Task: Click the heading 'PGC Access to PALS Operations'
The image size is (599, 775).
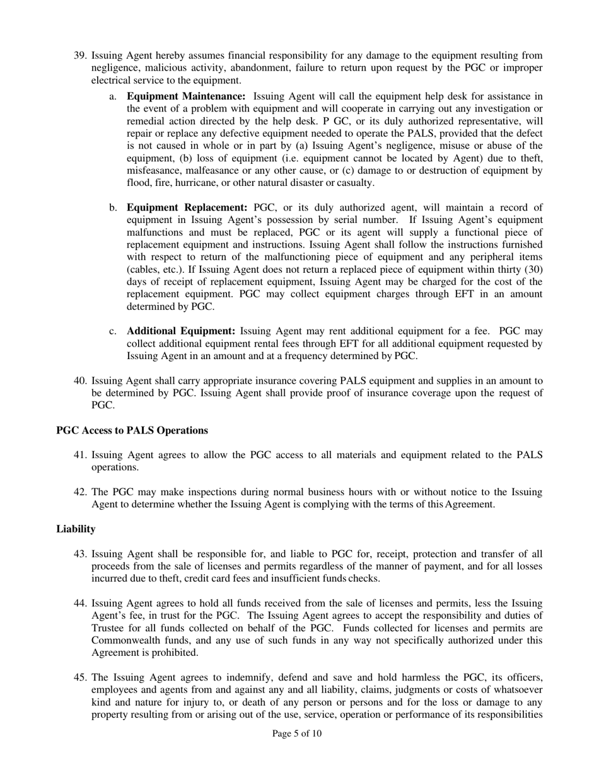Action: (x=132, y=430)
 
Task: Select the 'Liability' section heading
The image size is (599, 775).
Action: (x=76, y=529)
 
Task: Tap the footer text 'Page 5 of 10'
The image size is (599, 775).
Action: (x=297, y=733)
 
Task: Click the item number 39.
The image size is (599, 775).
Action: (x=80, y=55)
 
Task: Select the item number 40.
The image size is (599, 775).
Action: (x=80, y=381)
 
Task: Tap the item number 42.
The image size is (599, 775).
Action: (x=80, y=492)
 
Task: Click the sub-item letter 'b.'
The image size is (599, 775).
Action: (x=113, y=207)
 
